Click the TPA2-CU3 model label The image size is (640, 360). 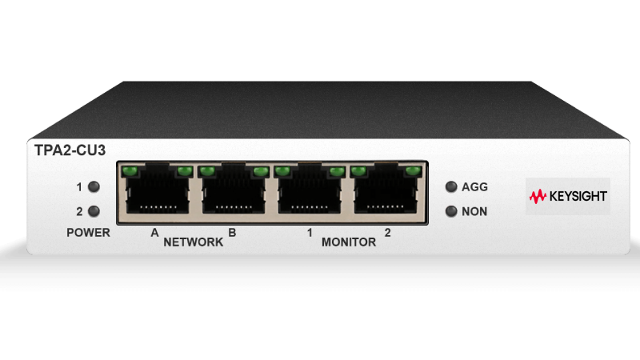click(70, 150)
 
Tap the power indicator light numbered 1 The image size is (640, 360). click(94, 186)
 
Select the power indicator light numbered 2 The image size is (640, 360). click(94, 211)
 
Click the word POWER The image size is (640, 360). click(88, 233)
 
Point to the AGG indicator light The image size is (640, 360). click(451, 186)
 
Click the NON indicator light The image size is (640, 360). click(451, 211)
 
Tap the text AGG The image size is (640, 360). click(474, 187)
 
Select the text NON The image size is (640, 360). click(474, 211)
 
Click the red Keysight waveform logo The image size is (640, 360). click(538, 196)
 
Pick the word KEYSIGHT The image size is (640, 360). click(578, 196)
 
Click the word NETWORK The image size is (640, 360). click(193, 242)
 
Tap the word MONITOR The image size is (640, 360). click(349, 242)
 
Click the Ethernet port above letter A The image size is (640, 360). click(157, 189)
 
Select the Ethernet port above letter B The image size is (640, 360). click(234, 189)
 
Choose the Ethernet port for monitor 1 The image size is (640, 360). click(310, 189)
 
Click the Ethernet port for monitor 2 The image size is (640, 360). click(386, 189)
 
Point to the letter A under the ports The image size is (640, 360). click(154, 233)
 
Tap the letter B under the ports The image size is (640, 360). click(232, 233)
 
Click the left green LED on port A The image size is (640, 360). click(130, 170)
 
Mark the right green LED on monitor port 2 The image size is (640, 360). click(413, 170)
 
